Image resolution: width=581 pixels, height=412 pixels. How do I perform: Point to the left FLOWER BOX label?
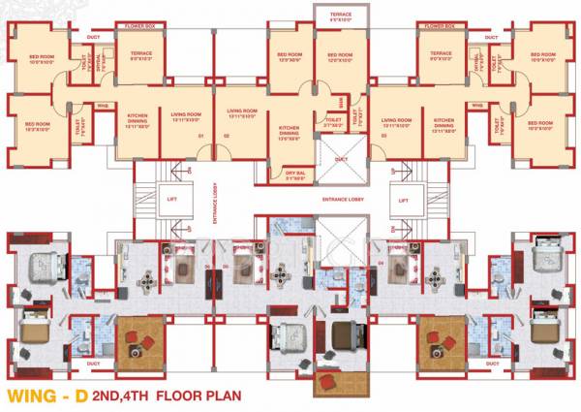point(140,22)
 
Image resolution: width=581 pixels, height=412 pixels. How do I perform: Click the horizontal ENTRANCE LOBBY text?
point(343,198)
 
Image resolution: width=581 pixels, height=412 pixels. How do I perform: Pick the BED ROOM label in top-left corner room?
point(40,59)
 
